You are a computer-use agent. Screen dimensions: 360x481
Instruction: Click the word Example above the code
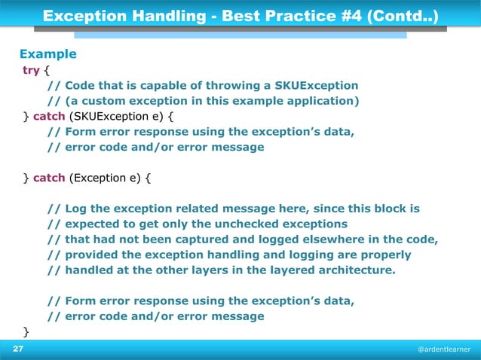(x=47, y=54)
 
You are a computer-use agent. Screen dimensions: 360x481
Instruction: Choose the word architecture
(x=354, y=270)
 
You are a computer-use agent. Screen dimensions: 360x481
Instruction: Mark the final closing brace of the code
(x=26, y=331)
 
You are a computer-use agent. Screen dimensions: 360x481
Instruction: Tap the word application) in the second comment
(x=321, y=101)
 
